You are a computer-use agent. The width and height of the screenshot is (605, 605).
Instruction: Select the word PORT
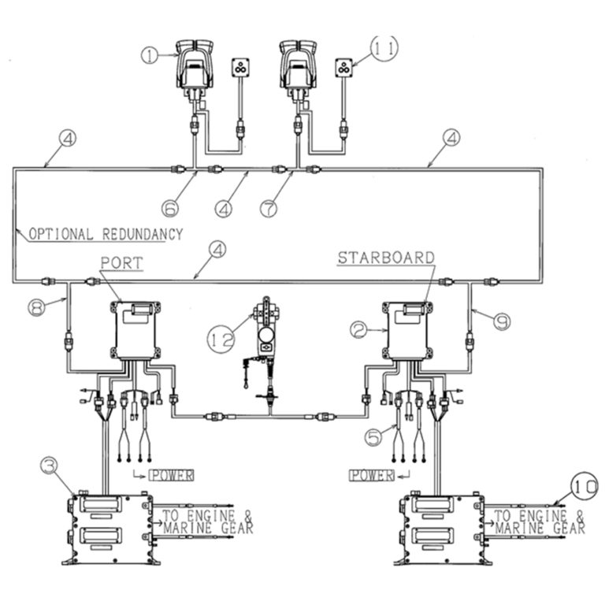pyautogui.click(x=121, y=262)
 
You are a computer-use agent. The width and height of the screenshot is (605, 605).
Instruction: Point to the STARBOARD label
pyautogui.click(x=386, y=258)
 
